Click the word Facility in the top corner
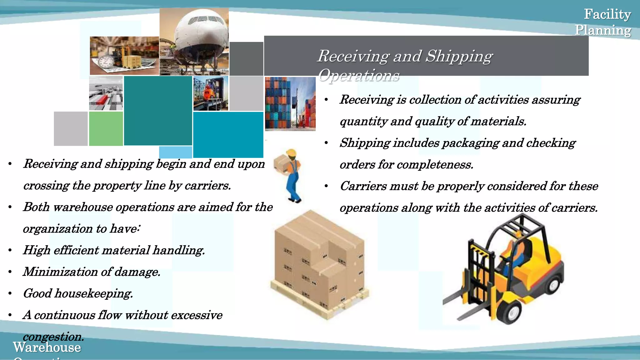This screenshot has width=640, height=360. tap(607, 14)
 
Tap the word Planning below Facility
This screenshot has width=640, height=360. tap(603, 30)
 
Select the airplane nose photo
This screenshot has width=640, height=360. tap(194, 42)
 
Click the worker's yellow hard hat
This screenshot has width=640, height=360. tap(291, 153)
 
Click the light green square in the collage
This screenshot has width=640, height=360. tap(106, 129)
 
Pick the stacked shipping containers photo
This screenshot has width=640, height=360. tap(290, 104)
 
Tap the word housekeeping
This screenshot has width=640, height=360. tap(94, 293)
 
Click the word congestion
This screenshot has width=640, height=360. tap(53, 337)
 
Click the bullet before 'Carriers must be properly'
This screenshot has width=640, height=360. tap(326, 186)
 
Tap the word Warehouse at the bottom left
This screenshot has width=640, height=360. tap(47, 347)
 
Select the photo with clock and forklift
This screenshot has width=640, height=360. tap(124, 56)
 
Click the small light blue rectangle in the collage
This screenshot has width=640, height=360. tap(175, 152)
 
